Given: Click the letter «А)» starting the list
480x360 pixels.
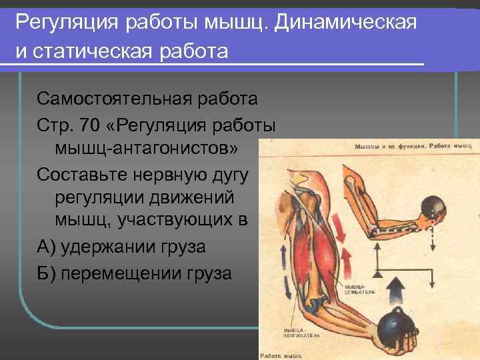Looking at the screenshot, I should coord(45,247).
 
